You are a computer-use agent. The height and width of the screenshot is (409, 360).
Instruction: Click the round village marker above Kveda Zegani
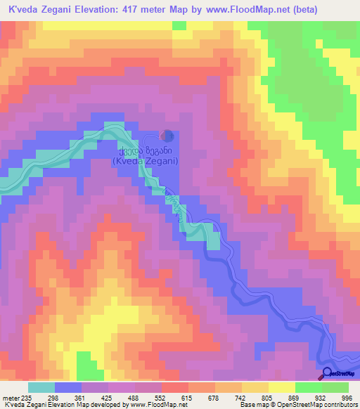(x=167, y=135)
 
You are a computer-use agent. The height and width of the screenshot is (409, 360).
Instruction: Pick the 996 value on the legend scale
(x=347, y=398)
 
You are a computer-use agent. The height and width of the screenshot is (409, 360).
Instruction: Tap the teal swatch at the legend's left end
(x=41, y=387)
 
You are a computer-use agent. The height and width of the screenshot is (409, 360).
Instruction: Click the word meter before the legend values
(x=9, y=398)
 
